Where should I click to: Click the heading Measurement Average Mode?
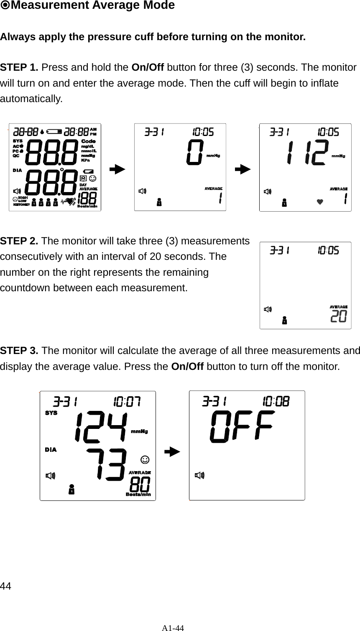pos(88,6)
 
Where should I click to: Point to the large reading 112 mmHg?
pos(307,154)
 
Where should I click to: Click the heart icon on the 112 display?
pos(320,202)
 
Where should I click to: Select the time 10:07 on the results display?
pos(127,402)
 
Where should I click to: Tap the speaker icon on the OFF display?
pos(200,475)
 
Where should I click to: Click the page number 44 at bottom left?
pos(5,585)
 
